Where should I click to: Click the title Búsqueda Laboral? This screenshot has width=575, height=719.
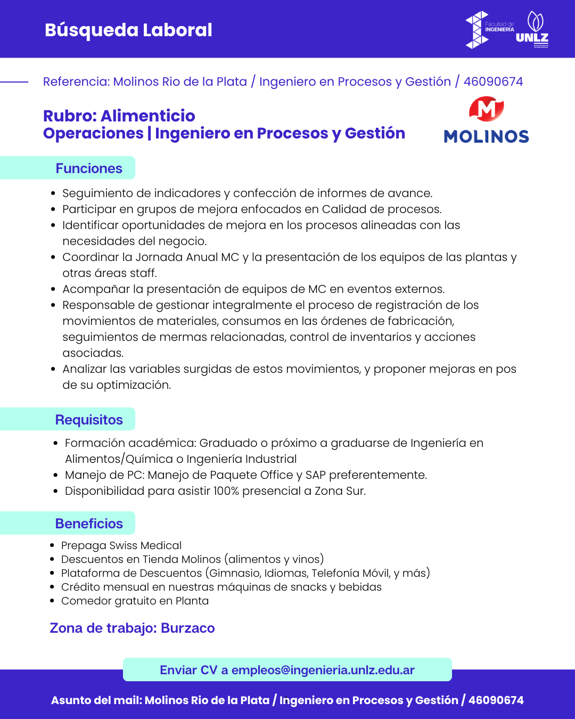pos(128,30)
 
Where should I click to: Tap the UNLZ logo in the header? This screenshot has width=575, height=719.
pos(532,30)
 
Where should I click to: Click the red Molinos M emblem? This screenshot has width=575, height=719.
pos(486,109)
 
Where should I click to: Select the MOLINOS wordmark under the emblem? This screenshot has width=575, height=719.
pos(486,136)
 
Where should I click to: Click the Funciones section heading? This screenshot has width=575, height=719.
pos(89,168)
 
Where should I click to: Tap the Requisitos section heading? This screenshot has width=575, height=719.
pos(89,420)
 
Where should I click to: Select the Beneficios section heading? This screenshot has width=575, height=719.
pos(89,524)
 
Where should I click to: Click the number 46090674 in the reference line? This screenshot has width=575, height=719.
pos(493,81)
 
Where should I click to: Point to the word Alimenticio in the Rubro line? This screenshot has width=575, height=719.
pos(148,116)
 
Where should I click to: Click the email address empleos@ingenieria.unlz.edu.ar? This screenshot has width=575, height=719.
pos(323,670)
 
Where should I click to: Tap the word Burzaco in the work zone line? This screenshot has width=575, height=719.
pos(188,628)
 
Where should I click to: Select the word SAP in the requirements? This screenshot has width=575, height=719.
pos(316,475)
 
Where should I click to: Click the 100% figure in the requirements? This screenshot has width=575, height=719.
pos(226,491)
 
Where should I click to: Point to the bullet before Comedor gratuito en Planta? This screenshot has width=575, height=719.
pos(52,601)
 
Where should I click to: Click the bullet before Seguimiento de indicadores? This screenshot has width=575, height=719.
pos(53,193)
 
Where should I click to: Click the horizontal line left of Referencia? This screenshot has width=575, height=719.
pos(14,82)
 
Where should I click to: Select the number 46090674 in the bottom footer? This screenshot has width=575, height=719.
pos(496,700)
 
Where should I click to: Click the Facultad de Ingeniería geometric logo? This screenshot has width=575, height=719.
pos(477,30)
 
